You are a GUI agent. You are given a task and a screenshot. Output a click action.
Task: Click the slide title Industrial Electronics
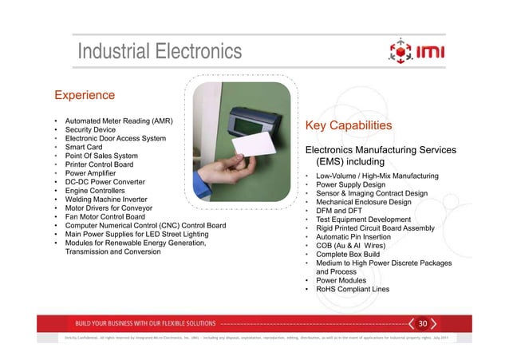pyautogui.click(x=159, y=53)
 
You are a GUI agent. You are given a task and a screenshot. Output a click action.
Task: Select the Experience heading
pyautogui.click(x=85, y=96)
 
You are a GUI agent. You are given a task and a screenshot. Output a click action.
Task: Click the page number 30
pyautogui.click(x=424, y=323)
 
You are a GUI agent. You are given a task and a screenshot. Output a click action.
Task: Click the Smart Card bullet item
pyautogui.click(x=87, y=147)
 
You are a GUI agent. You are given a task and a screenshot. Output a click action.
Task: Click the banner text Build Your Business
pyautogui.click(x=145, y=323)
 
